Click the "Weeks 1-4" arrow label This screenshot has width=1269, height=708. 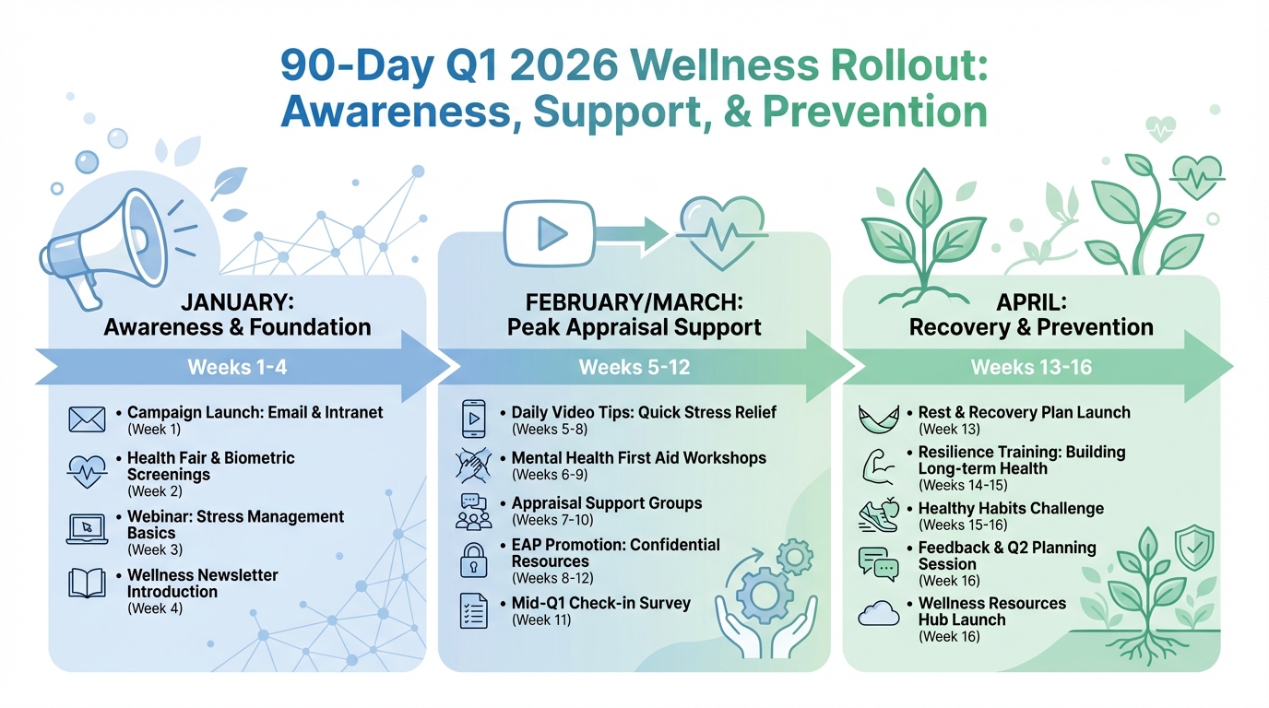click(237, 367)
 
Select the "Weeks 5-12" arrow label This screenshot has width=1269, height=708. click(634, 367)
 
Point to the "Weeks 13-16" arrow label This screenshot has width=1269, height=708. click(1030, 367)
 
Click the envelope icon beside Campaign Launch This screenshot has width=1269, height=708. click(88, 419)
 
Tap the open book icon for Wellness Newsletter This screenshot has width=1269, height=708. click(88, 584)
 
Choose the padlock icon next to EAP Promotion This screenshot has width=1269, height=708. click(473, 560)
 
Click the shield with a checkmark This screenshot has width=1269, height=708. click(1196, 548)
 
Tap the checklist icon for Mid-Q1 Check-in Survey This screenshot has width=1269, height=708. click(473, 611)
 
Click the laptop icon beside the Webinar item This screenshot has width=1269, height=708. click(88, 528)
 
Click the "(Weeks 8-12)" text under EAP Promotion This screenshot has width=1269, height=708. click(552, 578)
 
